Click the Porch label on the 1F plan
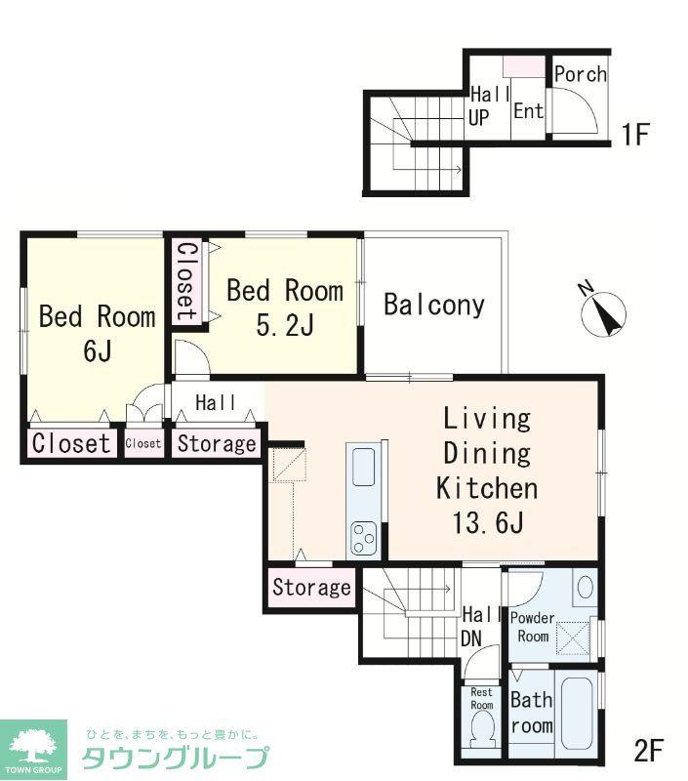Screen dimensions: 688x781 pos(581,74)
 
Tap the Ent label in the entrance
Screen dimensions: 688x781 pos(528,110)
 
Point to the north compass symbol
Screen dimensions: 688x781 pos(603,312)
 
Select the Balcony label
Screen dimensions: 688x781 pos(434,305)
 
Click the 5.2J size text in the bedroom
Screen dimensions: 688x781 pos(285,326)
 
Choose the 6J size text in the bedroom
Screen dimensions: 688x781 pos(97,351)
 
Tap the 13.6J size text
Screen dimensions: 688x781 pos(487,522)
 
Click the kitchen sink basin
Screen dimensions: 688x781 pos(363,467)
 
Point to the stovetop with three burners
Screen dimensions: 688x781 pos(363,538)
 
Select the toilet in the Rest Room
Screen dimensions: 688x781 pos(482,729)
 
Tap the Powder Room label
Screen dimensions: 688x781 pos(532,627)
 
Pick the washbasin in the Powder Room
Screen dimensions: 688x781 pos(586,588)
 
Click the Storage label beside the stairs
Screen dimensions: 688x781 pos(311,587)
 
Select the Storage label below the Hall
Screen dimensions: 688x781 pos(217,443)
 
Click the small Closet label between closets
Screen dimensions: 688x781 pos(142,443)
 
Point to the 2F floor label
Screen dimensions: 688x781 pos(649,750)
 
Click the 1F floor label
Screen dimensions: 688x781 pos(635,134)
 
